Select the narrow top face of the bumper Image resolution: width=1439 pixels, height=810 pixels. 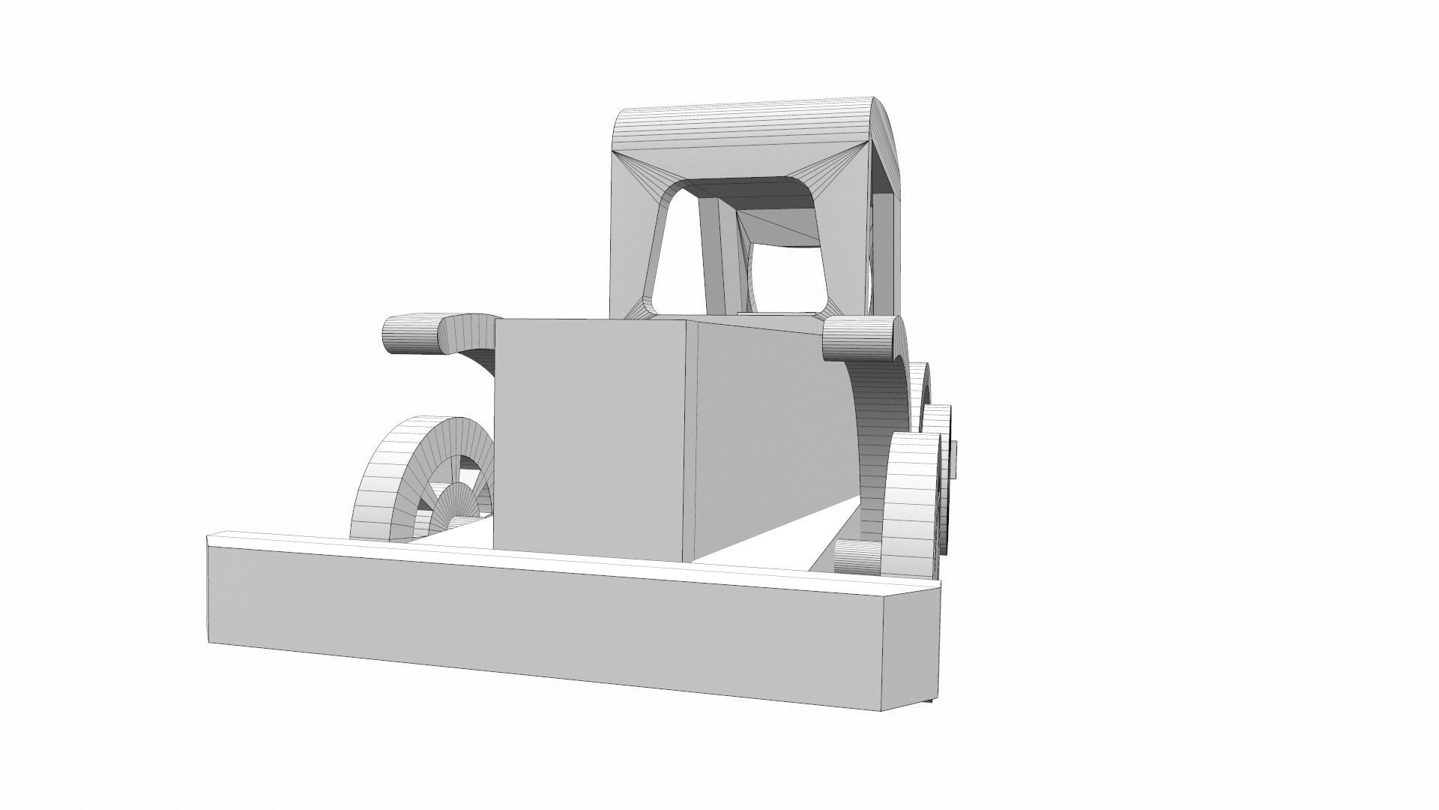point(525,555)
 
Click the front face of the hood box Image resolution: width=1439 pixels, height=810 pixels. point(592,435)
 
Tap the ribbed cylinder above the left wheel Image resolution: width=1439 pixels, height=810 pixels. point(408,334)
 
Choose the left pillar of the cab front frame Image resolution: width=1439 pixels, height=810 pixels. point(637,247)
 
